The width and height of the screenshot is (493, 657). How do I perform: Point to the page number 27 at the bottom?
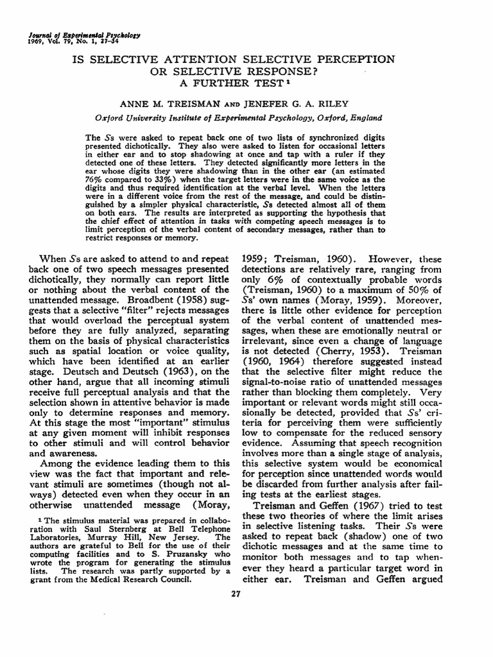pos(238,593)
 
